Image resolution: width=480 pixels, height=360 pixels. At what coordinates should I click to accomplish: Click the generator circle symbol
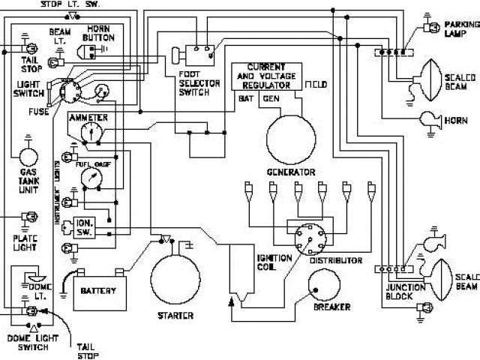pos(290,138)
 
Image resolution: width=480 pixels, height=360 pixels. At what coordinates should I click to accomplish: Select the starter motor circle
pos(175,277)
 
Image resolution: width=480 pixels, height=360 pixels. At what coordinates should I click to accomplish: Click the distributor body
pos(307,239)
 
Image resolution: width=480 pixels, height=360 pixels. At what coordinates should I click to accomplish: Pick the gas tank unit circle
pos(28,157)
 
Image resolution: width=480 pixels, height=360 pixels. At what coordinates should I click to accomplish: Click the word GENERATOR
pos(290,172)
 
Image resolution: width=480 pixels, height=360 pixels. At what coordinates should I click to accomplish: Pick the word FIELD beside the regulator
pos(316,86)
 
